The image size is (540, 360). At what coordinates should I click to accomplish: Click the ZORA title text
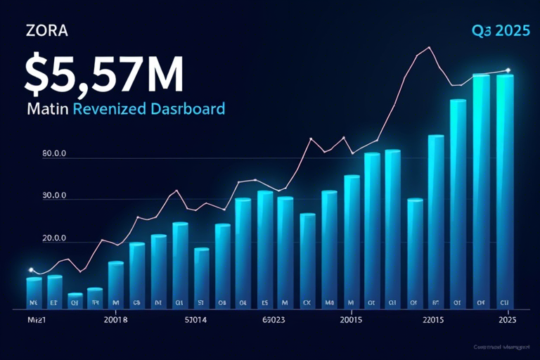(46, 32)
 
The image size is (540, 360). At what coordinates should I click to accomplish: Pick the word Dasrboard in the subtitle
(189, 110)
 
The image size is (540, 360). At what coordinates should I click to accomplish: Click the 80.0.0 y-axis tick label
(54, 155)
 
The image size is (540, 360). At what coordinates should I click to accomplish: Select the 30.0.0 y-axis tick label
(54, 197)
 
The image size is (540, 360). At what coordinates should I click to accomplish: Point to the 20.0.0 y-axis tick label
(54, 238)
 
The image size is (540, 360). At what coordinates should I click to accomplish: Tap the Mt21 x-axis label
(27, 320)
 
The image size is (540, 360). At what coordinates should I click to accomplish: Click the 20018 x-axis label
(115, 320)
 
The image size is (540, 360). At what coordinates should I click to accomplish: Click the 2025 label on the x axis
(508, 320)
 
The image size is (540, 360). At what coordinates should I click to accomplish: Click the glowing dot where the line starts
(31, 270)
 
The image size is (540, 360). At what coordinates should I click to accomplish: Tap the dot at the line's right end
(508, 70)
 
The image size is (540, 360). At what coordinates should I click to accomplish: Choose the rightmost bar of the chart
(506, 190)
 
